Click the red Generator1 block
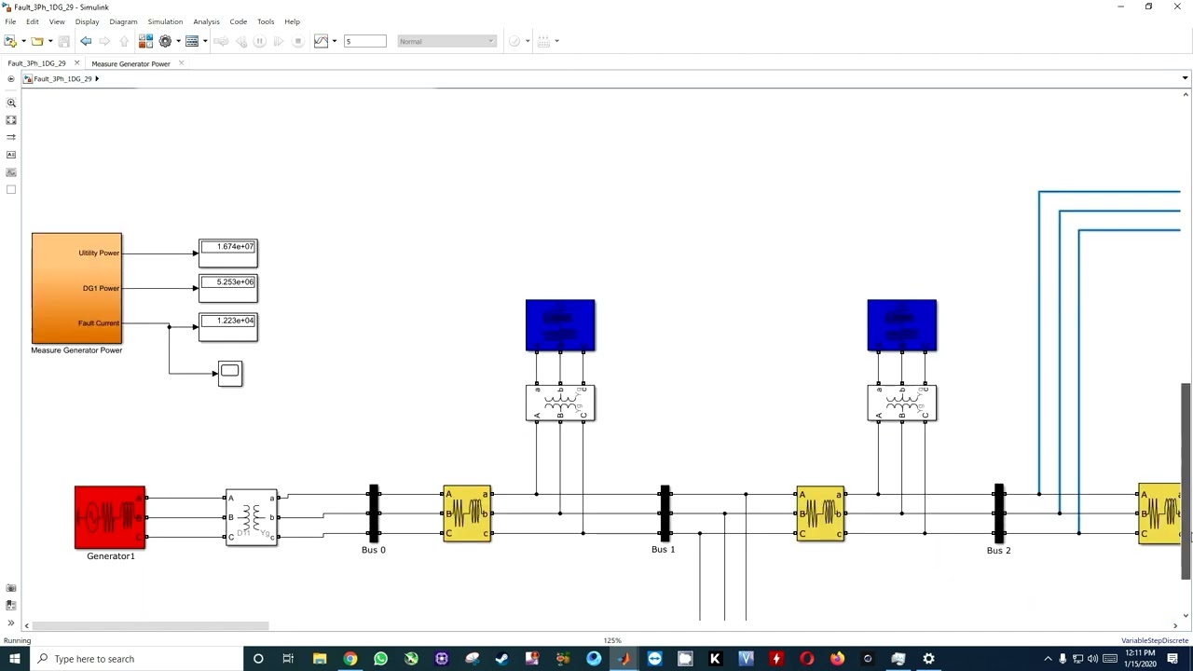click(x=110, y=517)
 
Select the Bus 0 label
click(x=373, y=550)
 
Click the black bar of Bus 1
click(x=665, y=513)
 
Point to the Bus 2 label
click(x=998, y=551)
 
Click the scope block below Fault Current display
click(x=230, y=373)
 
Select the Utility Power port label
click(x=99, y=253)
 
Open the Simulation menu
click(x=165, y=21)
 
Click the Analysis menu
click(x=206, y=21)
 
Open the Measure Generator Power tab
click(x=130, y=63)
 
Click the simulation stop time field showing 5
click(x=364, y=41)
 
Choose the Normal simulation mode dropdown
click(x=446, y=41)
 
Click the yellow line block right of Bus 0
click(x=467, y=513)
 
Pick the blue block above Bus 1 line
click(x=560, y=325)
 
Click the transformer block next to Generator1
click(x=252, y=517)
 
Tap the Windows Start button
click(x=14, y=659)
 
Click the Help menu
click(x=292, y=21)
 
